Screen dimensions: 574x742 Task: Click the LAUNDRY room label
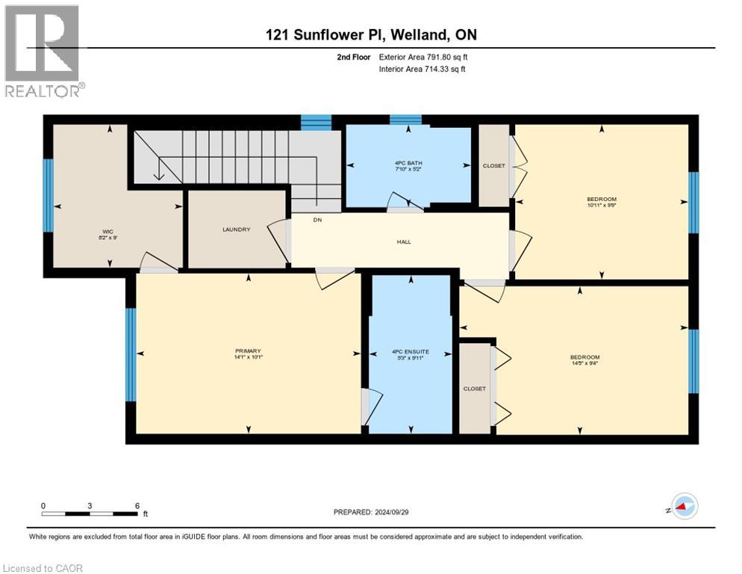[236, 229]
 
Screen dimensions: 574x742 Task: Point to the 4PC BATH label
[406, 164]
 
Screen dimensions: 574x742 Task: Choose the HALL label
[404, 241]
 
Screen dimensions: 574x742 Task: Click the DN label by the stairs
[317, 220]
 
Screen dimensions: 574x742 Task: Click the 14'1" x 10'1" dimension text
[247, 357]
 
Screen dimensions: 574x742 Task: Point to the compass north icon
[683, 507]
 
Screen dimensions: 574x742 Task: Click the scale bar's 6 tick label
[137, 505]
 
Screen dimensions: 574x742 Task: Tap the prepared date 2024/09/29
[372, 512]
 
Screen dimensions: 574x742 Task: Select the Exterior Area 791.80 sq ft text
[423, 57]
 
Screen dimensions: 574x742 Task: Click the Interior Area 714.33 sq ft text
[423, 70]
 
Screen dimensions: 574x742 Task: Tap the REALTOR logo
[43, 51]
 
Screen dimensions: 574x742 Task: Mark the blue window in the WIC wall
[49, 196]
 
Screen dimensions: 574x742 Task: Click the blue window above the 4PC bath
[405, 119]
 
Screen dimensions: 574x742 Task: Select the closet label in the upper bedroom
[493, 166]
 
